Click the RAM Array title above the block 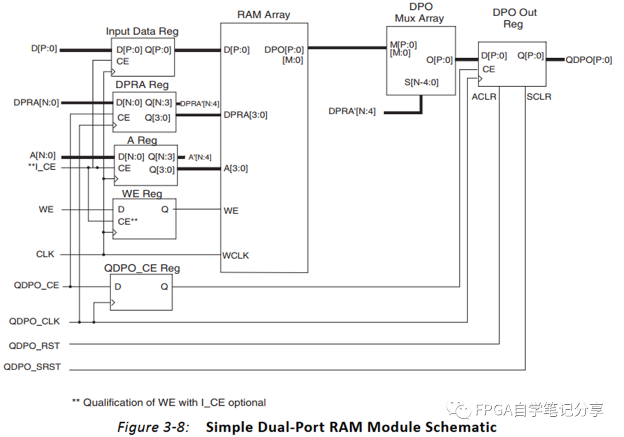tap(264, 15)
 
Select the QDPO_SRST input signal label tap(32, 367)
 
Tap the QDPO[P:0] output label tap(588, 59)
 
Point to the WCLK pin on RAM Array tap(236, 255)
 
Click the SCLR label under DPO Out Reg tap(538, 96)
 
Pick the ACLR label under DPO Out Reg tap(484, 96)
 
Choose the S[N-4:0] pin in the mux tap(422, 83)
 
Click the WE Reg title tap(142, 194)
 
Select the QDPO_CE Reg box tap(141, 292)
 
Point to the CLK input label tap(46, 253)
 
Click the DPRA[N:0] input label tap(35, 103)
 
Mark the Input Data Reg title tap(142, 31)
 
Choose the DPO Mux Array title tap(420, 13)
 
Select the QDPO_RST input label tap(34, 345)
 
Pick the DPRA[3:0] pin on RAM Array tap(245, 115)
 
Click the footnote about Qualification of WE tap(169, 402)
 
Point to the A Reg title tap(142, 140)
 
